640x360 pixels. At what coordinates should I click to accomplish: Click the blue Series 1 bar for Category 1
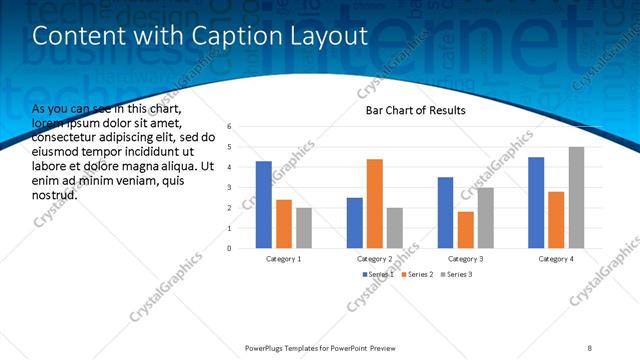point(264,204)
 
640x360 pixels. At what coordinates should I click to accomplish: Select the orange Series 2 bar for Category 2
point(374,203)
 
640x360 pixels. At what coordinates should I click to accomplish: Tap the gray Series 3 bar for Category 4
point(576,197)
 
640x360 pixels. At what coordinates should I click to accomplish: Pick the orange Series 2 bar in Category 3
point(465,230)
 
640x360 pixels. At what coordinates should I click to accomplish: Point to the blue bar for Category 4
point(536,202)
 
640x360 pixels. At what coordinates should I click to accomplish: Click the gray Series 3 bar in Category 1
point(304,228)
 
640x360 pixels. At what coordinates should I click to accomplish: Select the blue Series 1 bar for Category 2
point(354,223)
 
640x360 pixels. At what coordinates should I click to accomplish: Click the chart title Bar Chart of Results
point(414,110)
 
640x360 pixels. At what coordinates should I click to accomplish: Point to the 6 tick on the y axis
point(230,127)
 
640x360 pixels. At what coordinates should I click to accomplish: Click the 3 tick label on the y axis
point(230,187)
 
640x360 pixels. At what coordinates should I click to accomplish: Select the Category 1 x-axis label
point(284,259)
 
